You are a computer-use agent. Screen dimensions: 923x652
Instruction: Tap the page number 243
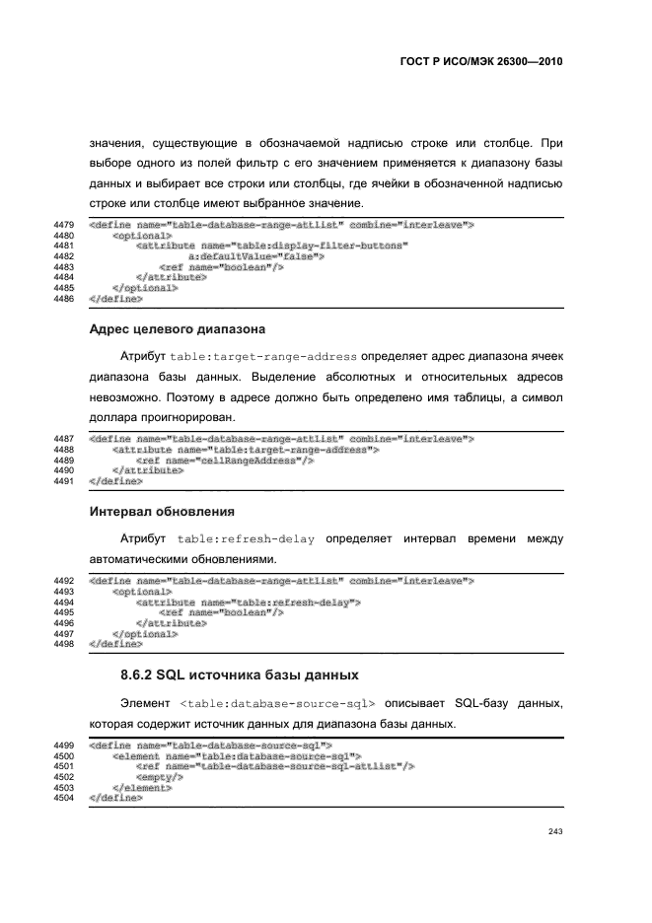coord(554,831)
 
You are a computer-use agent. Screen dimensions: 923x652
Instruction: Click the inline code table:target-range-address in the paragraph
coord(264,354)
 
